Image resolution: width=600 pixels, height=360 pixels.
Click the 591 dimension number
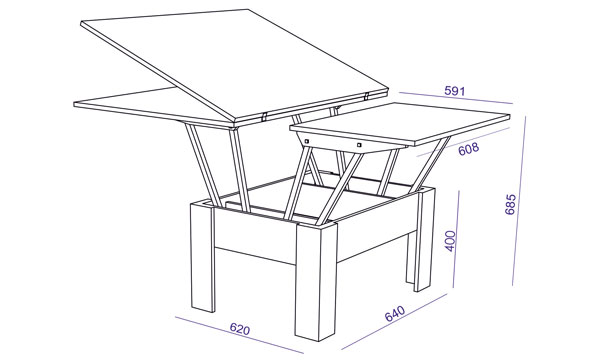pos(455,91)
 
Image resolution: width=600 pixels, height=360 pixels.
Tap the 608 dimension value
pos(468,149)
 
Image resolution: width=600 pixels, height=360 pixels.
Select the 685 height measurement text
pos(510,204)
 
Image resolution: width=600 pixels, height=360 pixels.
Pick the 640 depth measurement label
pos(395,313)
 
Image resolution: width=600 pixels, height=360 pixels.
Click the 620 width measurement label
pos(240,329)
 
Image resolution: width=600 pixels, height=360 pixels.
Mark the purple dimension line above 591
pos(455,98)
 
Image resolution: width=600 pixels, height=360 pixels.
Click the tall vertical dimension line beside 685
pos(519,200)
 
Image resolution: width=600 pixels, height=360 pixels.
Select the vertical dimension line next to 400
pos(456,239)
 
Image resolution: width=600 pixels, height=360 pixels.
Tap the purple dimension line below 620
pos(239,335)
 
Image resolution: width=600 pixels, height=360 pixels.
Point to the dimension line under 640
pos(394,322)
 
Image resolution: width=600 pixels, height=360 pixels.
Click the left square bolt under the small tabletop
pos(307,142)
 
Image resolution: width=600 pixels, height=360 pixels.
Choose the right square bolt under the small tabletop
pos(359,145)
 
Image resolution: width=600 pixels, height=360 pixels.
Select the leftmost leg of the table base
pos(202,256)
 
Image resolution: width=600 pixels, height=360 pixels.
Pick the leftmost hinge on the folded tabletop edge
pos(264,116)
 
